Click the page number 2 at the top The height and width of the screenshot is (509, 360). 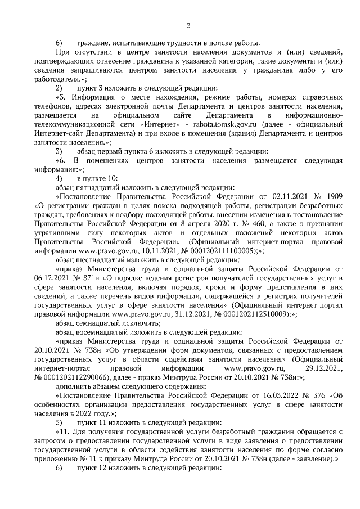(x=188, y=25)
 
